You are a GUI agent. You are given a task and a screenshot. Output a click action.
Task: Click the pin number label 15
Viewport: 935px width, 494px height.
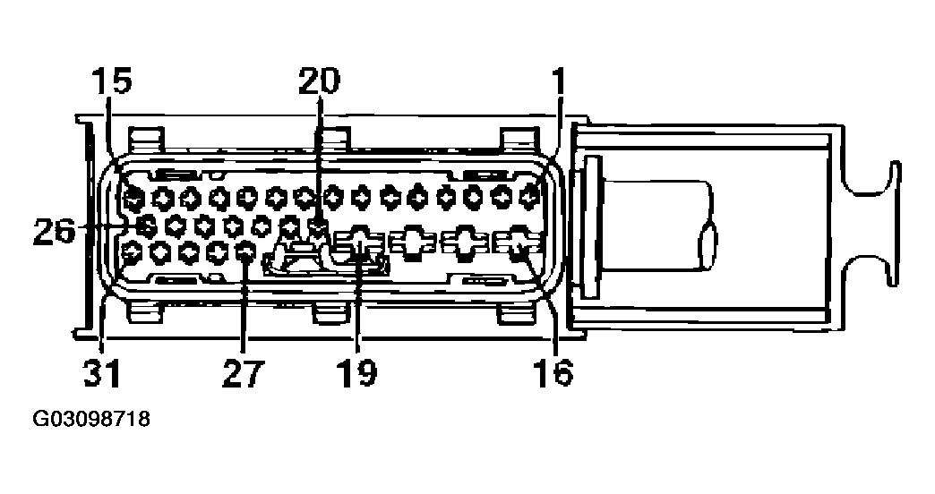[112, 81]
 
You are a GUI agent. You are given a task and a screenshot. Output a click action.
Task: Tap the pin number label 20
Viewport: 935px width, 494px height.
[319, 81]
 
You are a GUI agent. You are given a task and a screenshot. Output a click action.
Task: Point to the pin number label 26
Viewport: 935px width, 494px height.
[55, 231]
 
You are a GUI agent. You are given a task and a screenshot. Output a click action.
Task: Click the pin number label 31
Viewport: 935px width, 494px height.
[102, 373]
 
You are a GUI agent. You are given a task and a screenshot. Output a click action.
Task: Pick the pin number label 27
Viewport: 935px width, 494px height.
[242, 373]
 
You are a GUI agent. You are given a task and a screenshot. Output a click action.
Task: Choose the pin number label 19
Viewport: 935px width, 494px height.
[356, 373]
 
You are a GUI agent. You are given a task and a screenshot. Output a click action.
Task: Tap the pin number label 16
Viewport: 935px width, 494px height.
[554, 373]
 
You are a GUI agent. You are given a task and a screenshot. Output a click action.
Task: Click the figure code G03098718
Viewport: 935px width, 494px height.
[91, 419]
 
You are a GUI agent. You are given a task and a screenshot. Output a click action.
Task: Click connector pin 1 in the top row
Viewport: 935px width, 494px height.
[530, 195]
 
